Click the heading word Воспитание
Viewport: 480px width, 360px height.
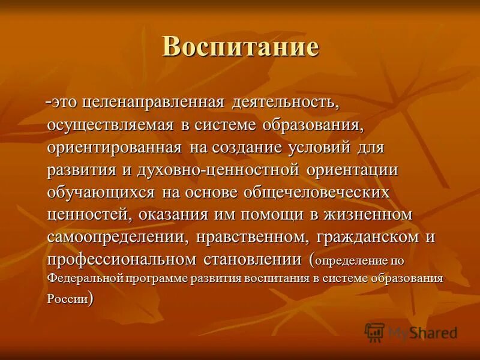(x=240, y=47)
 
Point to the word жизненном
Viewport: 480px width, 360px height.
(x=367, y=214)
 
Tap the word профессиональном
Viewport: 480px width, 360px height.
(x=130, y=259)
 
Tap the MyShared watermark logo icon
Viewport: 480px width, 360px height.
(x=374, y=332)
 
